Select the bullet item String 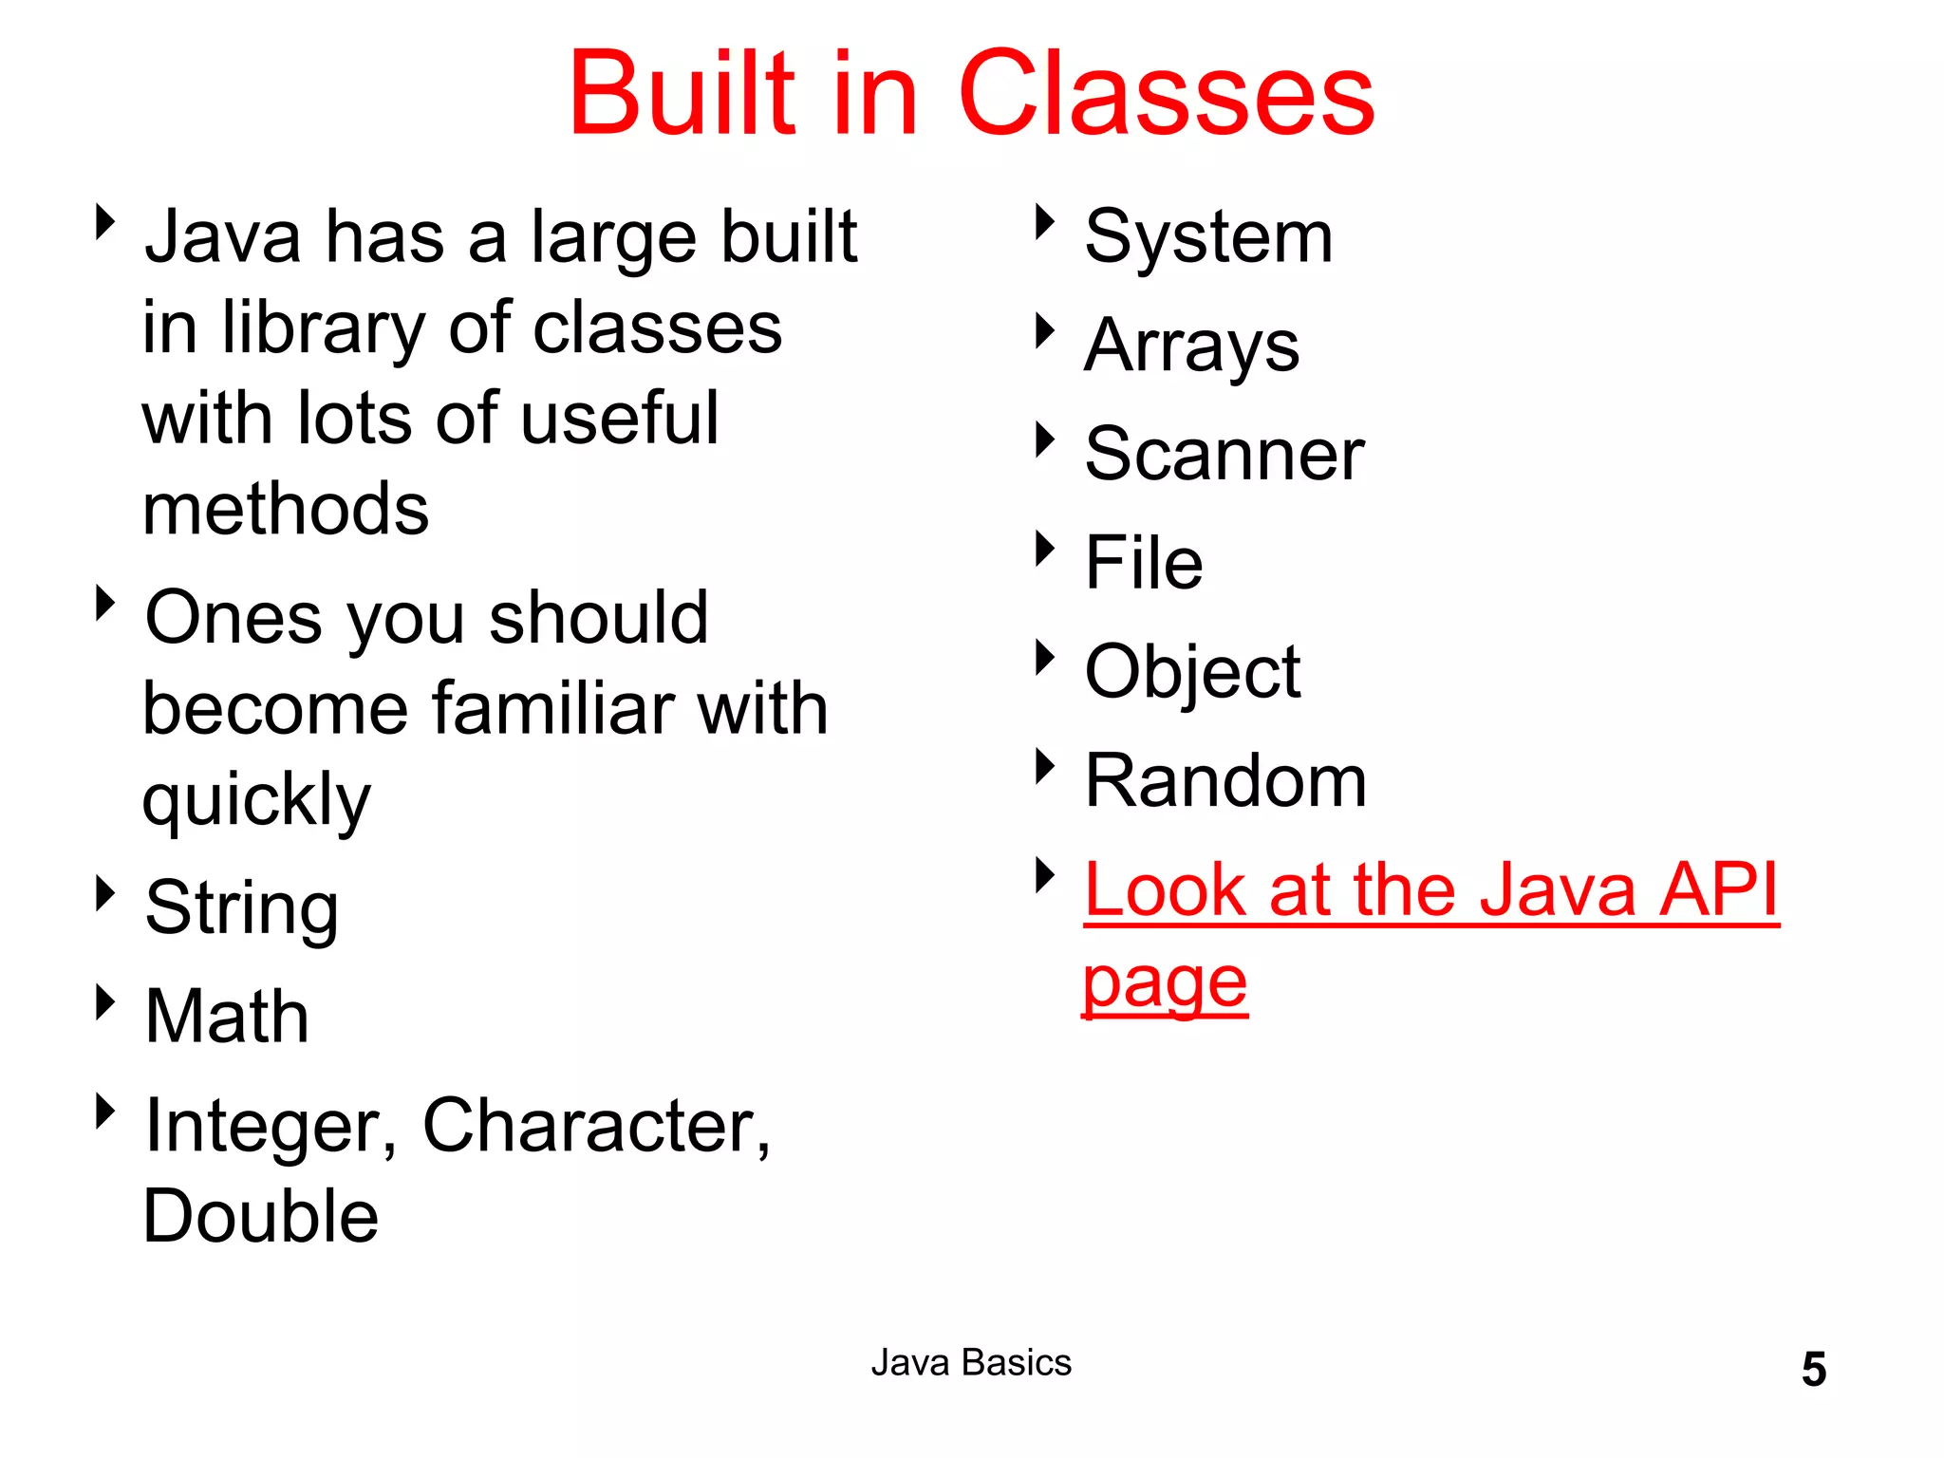[241, 908]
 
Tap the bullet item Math [227, 1017]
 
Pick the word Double [261, 1217]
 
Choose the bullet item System [1208, 237]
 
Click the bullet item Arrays [1191, 346]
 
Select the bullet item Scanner [1224, 455]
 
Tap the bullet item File [1144, 563]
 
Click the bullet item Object [1192, 673]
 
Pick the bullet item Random [1225, 781]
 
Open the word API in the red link [1718, 890]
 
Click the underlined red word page [1165, 983]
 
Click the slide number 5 [1813, 1370]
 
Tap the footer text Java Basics [971, 1363]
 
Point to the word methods [286, 510]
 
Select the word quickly [256, 801]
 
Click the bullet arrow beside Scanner [1044, 439]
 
